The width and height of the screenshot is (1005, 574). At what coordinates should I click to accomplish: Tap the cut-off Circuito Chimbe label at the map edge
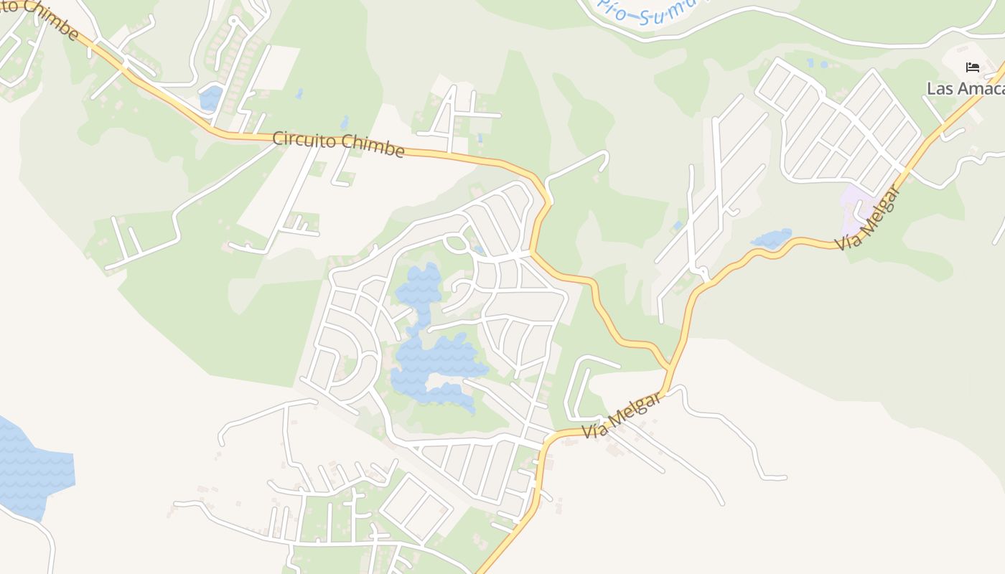tap(39, 17)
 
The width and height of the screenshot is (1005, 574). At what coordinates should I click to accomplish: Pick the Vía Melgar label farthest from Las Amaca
tap(622, 415)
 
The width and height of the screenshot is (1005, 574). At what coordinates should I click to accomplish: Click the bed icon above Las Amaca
tap(973, 67)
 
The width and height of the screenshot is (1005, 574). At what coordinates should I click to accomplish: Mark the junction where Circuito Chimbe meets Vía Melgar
tap(669, 368)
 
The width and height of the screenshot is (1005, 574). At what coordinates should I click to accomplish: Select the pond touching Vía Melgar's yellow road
tap(771, 237)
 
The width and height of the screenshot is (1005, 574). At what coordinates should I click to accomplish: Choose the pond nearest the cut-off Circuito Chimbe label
tap(211, 98)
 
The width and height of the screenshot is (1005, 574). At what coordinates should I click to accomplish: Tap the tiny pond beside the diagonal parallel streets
tap(678, 225)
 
